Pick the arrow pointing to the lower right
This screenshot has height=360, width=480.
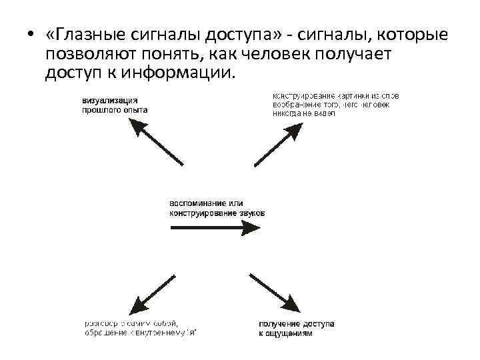pyautogui.click(x=274, y=292)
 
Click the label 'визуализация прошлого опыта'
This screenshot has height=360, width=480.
pyautogui.click(x=115, y=105)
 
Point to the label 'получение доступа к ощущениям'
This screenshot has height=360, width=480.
pyautogui.click(x=296, y=328)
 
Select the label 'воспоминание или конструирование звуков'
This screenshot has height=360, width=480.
pyautogui.click(x=217, y=207)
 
